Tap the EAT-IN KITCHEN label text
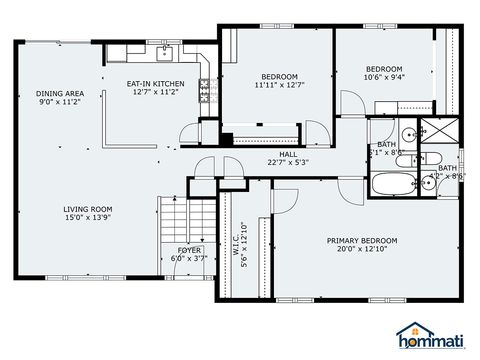154,84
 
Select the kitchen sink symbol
165,53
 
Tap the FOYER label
190,249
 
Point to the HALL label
288,153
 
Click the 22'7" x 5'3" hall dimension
288,162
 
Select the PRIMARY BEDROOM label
362,240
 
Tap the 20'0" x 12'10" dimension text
362,250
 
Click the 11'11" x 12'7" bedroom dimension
281,85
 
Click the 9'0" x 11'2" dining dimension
59,102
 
